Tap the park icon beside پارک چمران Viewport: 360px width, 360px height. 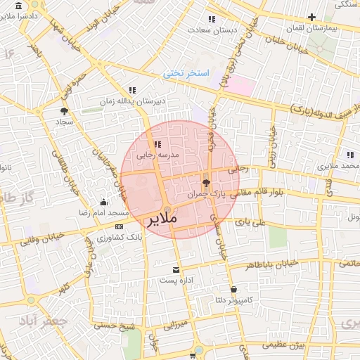coord(206,181)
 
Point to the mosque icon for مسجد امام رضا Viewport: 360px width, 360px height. coord(104,202)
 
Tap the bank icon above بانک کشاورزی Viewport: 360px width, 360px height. coord(118,226)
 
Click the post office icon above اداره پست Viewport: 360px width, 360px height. coord(176,269)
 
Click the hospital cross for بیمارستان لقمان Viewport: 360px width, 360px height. coord(311,16)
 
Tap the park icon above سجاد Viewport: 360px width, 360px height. coord(65,111)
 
